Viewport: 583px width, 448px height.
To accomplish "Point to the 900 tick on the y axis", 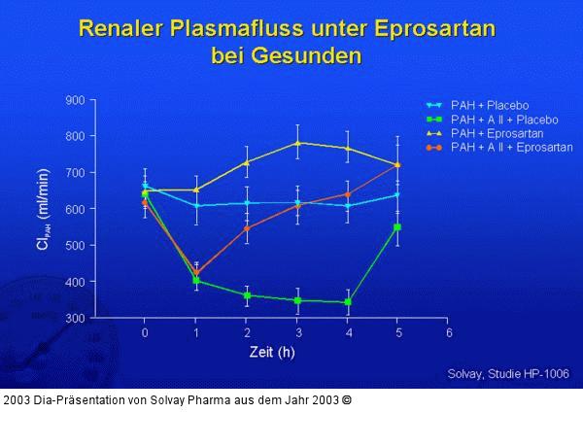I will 73,100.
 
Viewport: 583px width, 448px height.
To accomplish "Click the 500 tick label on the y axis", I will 73,245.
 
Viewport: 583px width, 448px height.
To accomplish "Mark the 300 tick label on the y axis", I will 73,318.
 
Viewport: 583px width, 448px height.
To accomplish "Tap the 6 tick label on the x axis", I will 448,332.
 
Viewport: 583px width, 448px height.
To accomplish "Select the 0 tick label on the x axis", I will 145,332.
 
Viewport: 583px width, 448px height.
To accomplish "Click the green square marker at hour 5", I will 397,226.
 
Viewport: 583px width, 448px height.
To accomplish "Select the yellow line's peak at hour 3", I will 297,143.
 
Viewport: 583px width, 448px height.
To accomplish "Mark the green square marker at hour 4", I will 347,302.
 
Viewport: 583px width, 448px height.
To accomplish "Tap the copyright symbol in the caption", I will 347,399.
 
